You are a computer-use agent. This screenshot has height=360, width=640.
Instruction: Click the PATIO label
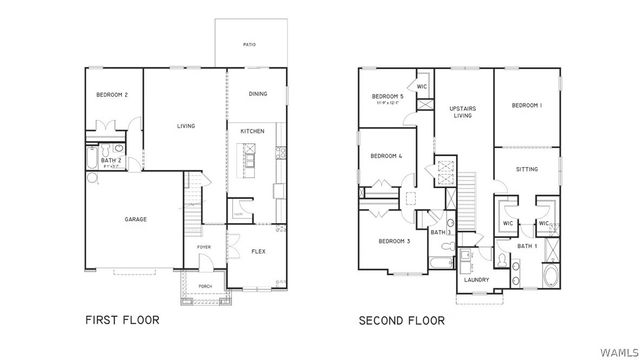249,44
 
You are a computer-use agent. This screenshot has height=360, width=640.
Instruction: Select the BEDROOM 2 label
112,95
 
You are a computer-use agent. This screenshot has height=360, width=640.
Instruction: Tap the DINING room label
258,94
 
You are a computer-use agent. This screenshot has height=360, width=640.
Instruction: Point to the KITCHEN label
252,132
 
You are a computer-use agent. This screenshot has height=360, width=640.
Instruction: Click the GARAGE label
136,219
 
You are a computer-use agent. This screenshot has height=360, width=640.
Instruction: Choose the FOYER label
203,246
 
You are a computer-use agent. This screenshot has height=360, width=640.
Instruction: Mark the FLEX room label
258,251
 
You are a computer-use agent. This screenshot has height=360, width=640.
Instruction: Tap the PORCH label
206,285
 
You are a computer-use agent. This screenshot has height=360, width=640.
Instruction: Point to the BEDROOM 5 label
388,96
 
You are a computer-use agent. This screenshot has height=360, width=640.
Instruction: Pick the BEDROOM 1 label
526,105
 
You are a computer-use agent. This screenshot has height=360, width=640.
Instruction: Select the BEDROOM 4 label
386,156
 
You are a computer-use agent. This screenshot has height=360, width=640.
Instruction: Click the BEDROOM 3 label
394,241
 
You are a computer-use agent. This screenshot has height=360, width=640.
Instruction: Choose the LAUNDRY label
476,280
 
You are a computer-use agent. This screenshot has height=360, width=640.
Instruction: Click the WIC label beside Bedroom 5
422,86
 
